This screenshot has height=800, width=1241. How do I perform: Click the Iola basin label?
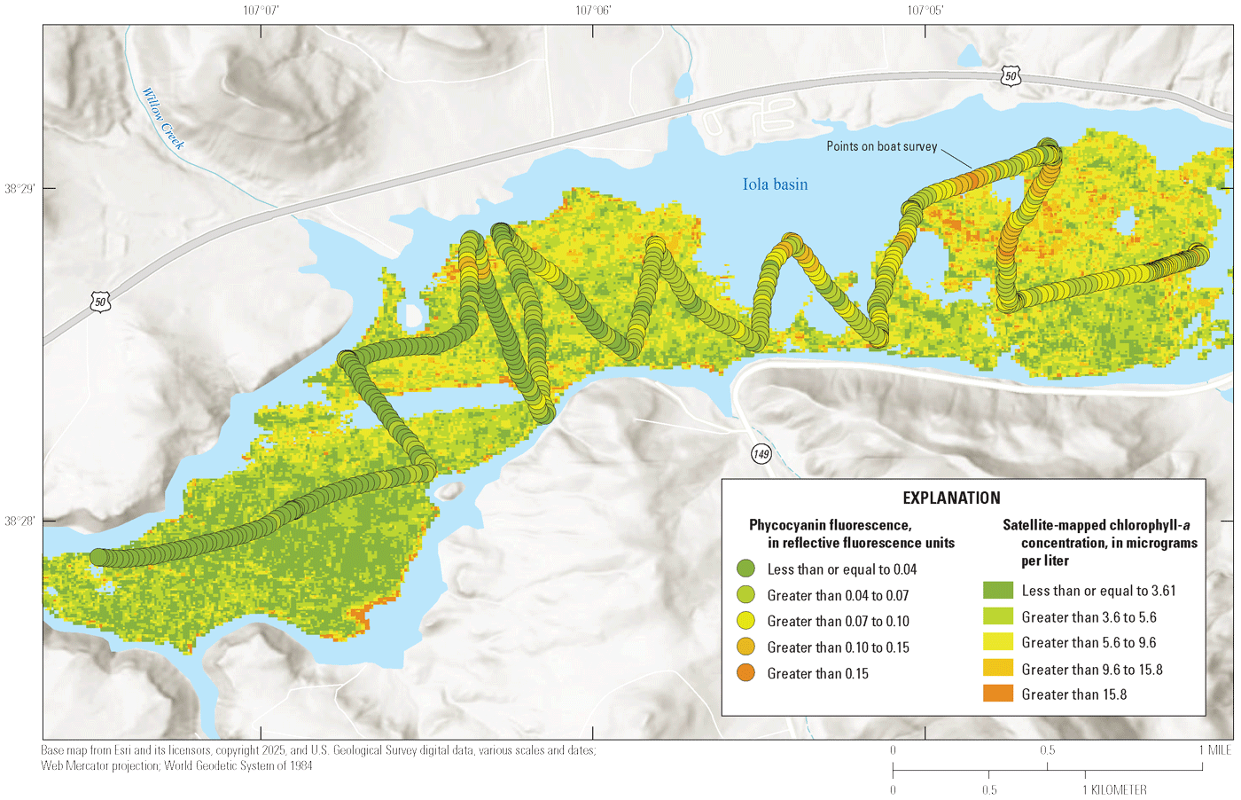pyautogui.click(x=775, y=184)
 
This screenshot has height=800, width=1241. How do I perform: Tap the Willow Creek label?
pyautogui.click(x=164, y=119)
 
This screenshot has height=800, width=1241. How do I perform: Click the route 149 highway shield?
pyautogui.click(x=761, y=454)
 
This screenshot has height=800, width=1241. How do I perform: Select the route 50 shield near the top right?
pyautogui.click(x=1011, y=76)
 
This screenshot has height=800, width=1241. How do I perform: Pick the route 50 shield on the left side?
pyautogui.click(x=100, y=302)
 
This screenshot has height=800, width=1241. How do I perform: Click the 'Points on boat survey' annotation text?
pyautogui.click(x=881, y=146)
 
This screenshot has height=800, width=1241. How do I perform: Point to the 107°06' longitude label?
pyautogui.click(x=593, y=11)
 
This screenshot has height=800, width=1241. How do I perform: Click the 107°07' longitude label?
pyautogui.click(x=261, y=11)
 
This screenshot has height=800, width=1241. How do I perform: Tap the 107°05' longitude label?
pyautogui.click(x=925, y=11)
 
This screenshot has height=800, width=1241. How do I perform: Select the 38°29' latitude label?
pyautogui.click(x=19, y=189)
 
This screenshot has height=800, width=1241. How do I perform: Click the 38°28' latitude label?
pyautogui.click(x=19, y=521)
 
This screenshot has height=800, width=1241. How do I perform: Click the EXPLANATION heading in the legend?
pyautogui.click(x=951, y=498)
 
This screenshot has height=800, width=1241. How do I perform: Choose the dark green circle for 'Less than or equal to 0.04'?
pyautogui.click(x=745, y=569)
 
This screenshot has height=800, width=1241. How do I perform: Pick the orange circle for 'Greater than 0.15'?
pyautogui.click(x=745, y=673)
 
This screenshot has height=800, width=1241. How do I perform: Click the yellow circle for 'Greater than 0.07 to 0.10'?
pyautogui.click(x=745, y=621)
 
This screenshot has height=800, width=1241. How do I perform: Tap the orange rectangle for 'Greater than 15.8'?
pyautogui.click(x=997, y=694)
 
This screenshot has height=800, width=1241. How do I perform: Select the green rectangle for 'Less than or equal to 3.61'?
pyautogui.click(x=997, y=590)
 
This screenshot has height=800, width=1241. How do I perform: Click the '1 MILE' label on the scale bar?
pyautogui.click(x=1214, y=750)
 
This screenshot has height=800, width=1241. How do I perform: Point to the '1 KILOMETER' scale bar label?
pyautogui.click(x=1114, y=789)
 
